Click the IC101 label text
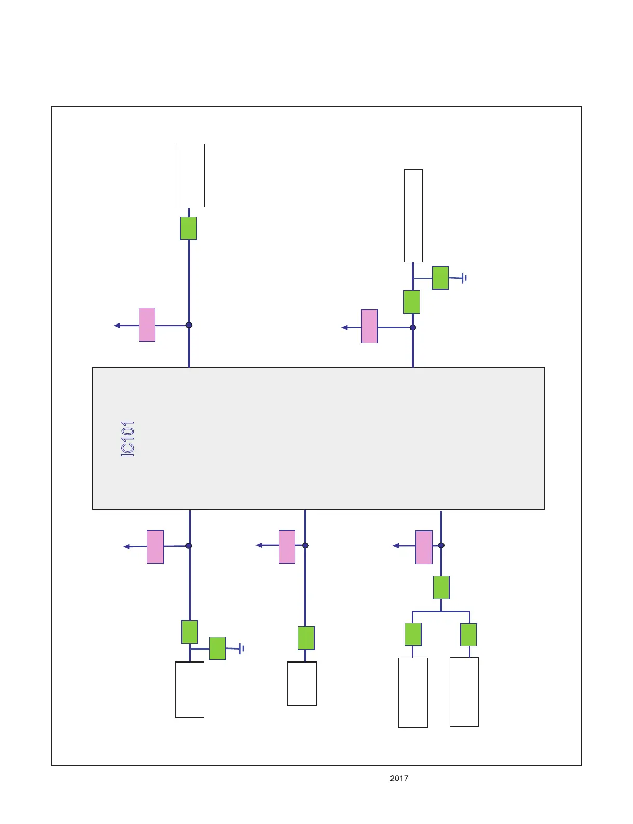tap(128, 439)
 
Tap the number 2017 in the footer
tap(399, 778)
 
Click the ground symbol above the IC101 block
tap(464, 278)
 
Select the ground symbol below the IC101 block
tap(241, 649)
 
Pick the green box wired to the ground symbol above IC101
tap(440, 278)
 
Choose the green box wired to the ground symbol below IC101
tap(218, 648)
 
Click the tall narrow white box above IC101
tap(413, 215)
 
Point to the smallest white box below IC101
tap(302, 683)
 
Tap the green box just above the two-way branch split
tap(441, 587)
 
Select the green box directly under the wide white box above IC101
tap(188, 228)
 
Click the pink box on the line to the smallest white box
tap(287, 547)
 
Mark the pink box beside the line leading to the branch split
tap(424, 547)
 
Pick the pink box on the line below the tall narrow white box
tap(369, 327)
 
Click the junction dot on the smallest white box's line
tap(305, 545)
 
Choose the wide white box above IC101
tap(190, 175)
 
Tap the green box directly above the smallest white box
tap(306, 638)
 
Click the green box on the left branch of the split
tap(413, 634)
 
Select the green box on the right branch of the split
tap(468, 634)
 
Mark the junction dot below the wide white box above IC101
tap(189, 325)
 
